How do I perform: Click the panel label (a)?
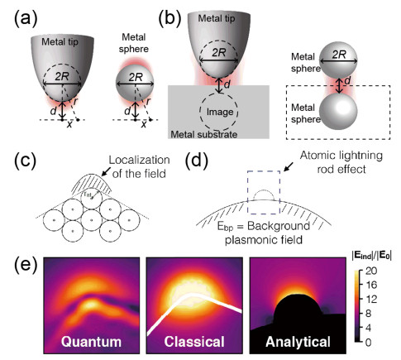tap(26, 20)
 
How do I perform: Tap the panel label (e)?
tap(26, 264)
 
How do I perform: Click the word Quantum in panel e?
tap(91, 342)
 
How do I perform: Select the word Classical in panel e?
tap(194, 342)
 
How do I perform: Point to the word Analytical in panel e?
tap(298, 342)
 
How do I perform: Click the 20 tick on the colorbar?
tap(371, 271)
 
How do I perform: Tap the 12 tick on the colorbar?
tap(371, 299)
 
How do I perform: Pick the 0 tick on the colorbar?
tap(368, 343)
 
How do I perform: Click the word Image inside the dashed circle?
tap(220, 112)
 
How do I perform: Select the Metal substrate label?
tap(204, 134)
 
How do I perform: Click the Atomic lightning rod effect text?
tap(341, 162)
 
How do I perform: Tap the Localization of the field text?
tap(139, 166)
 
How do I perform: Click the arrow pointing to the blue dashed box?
tap(288, 167)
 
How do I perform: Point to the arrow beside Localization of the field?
tap(106, 171)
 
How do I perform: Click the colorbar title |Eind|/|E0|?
tap(372, 256)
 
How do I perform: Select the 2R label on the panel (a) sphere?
tap(135, 78)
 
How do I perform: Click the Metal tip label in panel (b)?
tap(217, 18)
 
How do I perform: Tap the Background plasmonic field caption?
tap(264, 233)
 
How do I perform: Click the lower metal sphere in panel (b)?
tap(338, 112)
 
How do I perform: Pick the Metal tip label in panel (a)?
tap(60, 42)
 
